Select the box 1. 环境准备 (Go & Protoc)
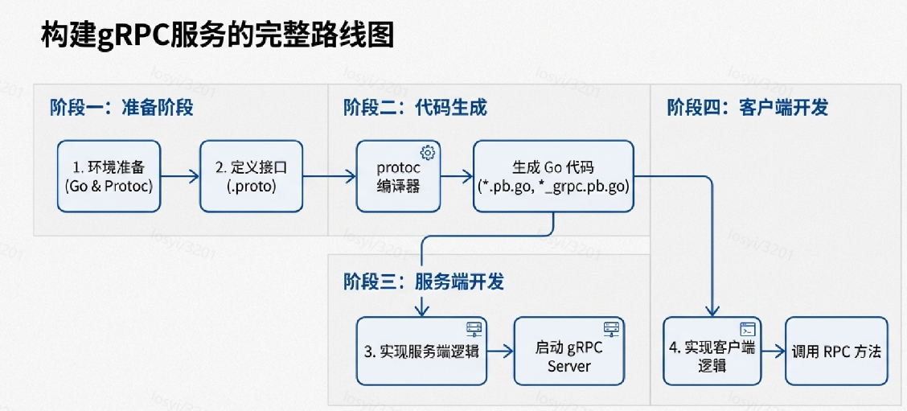coord(109,176)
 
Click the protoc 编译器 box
coord(399,176)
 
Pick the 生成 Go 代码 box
coord(553,176)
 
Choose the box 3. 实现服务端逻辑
coord(422,351)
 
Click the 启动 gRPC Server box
coord(569,351)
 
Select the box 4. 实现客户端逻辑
coord(712,351)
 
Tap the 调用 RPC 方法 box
coord(836,351)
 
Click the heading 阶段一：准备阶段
coord(121,108)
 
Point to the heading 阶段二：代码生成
coord(415,108)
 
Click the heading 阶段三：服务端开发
coord(424,282)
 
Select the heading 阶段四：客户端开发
coord(747,108)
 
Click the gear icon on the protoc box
coord(428,153)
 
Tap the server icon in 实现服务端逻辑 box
coord(473,328)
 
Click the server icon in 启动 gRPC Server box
coord(611,328)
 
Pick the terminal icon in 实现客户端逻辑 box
coord(748,328)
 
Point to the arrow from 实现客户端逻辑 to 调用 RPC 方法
coord(773,351)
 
